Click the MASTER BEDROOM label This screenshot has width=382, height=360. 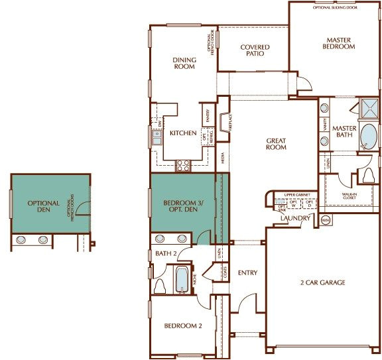(x=339, y=43)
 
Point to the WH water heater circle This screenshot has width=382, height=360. (x=325, y=219)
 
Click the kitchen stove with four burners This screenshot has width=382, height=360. (x=183, y=166)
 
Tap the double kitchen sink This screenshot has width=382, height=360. (x=158, y=138)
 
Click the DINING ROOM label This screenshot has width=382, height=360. (x=184, y=64)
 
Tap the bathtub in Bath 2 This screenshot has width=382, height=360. (x=181, y=278)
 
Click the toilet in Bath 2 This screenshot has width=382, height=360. (x=160, y=285)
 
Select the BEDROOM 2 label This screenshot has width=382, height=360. (x=182, y=326)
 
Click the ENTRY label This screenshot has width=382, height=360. (x=247, y=272)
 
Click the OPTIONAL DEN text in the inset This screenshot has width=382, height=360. (x=44, y=207)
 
